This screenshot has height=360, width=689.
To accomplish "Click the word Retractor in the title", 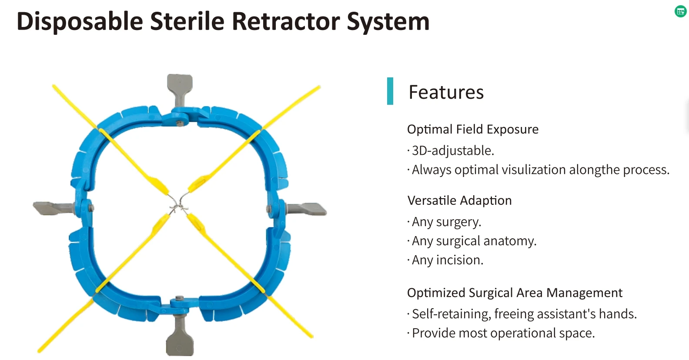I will pos(285,22).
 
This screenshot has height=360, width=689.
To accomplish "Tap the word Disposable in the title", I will pos(80,22).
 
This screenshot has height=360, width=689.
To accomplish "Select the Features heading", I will pos(446,92).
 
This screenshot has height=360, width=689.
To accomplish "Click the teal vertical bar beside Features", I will pos(390,91).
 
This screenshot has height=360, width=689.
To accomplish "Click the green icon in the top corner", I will pos(680,12).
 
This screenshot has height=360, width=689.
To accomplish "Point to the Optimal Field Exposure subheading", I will pos(472,130).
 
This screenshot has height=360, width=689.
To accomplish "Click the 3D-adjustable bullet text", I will pos(452,150).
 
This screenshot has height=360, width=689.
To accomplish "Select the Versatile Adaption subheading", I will pos(459,200).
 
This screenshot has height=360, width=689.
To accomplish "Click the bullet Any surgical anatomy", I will pos(474,241).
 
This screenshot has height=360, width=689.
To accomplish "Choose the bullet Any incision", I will pos(447,260).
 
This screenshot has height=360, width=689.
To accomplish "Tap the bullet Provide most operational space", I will pos(503,333).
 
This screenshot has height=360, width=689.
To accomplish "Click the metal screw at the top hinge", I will pos(180,124).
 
